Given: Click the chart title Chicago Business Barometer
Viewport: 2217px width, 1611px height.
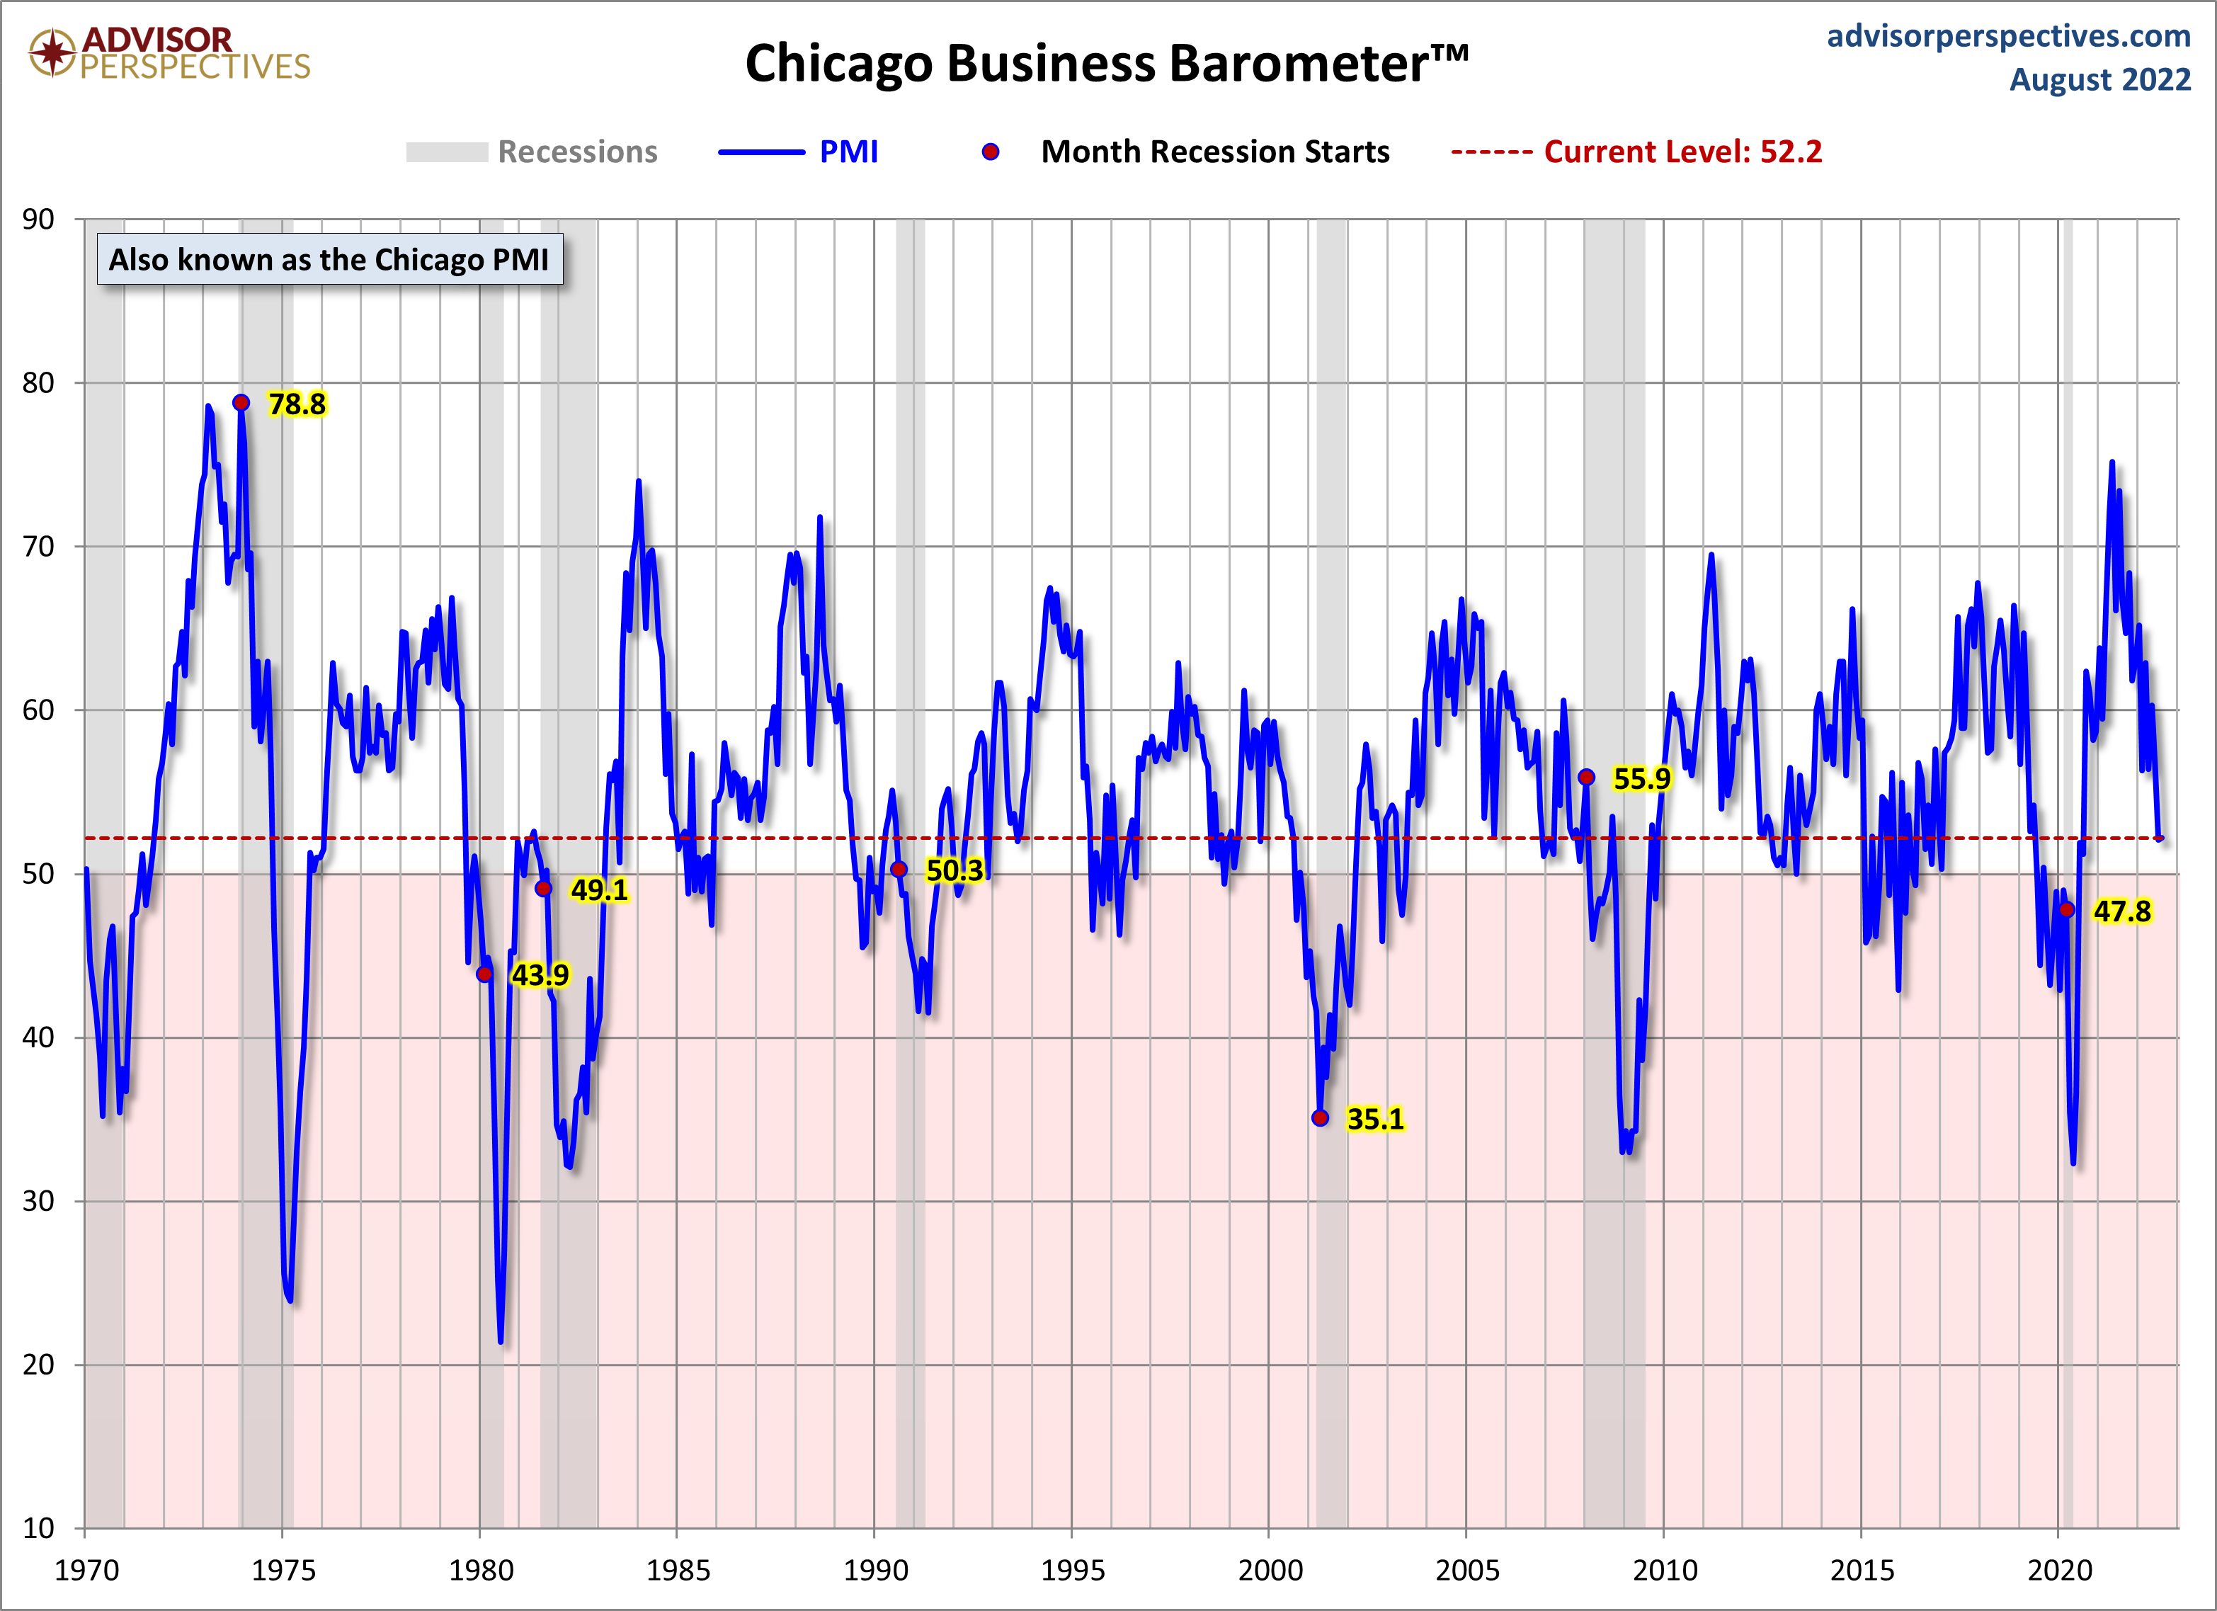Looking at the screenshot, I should click(x=1107, y=64).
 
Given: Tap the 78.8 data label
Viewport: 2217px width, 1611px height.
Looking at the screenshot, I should click(x=297, y=404).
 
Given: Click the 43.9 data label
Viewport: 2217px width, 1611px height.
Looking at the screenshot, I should click(x=540, y=974).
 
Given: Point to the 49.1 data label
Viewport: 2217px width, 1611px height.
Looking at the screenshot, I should click(x=599, y=889).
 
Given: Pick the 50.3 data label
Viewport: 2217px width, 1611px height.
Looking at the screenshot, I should click(x=954, y=870).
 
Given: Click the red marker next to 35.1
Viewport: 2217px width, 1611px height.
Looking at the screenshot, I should click(x=1321, y=1117).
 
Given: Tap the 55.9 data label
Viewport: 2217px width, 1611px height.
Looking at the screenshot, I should click(x=1642, y=779).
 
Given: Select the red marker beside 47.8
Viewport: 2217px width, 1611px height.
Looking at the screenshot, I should click(x=2066, y=909).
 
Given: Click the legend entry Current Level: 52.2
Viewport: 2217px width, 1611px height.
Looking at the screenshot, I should click(x=1682, y=152).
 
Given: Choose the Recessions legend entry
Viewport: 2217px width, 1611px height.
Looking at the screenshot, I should click(x=577, y=152).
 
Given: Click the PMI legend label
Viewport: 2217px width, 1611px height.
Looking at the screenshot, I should click(x=848, y=152).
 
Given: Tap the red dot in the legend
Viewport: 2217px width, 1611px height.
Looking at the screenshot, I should click(x=990, y=152).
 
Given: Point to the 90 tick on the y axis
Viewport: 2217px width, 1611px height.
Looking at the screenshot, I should click(x=39, y=219).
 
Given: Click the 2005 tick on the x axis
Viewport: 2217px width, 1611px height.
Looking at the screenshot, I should click(x=1466, y=1570).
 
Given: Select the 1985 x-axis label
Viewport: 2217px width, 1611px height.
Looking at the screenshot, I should click(x=678, y=1570).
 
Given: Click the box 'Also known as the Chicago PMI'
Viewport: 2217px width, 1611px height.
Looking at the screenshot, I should click(x=329, y=259).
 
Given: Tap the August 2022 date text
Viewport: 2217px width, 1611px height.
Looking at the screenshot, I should click(x=2099, y=79).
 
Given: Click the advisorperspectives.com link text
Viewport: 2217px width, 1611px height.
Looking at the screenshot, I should click(x=2009, y=36).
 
